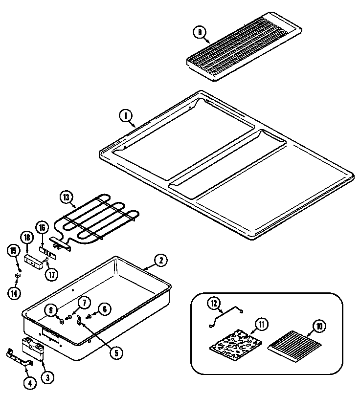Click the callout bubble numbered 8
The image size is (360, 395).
click(199, 33)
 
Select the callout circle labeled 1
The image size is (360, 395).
click(126, 116)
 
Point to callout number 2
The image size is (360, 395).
click(160, 261)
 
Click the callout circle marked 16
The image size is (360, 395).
click(43, 228)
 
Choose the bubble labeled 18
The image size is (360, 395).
click(26, 238)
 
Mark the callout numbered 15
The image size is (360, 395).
click(14, 251)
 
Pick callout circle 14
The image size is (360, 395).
click(14, 293)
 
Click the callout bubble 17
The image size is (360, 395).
click(52, 274)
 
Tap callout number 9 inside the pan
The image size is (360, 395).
click(50, 309)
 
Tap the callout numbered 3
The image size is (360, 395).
click(47, 377)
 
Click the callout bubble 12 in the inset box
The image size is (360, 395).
click(213, 304)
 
